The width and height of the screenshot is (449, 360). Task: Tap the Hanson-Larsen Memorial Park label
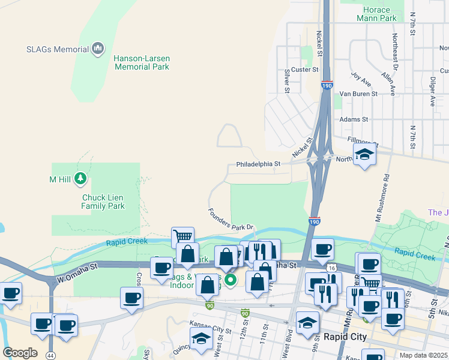(141, 62)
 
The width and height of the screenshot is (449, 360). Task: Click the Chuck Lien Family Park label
(103, 201)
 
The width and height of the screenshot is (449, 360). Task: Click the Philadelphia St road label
(258, 164)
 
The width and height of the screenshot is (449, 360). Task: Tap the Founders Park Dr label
(231, 219)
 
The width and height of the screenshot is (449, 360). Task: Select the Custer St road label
(304, 70)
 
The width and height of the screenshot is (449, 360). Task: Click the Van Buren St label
(358, 94)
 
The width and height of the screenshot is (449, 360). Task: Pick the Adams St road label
(350, 119)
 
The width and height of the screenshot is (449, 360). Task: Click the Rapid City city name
(345, 337)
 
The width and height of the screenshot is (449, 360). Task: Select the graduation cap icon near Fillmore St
(364, 155)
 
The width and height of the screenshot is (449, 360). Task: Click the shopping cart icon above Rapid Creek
(182, 236)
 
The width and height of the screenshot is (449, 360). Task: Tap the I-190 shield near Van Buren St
(327, 86)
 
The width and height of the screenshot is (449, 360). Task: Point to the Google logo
(20, 353)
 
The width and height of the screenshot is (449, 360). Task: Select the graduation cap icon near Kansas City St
(201, 339)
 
